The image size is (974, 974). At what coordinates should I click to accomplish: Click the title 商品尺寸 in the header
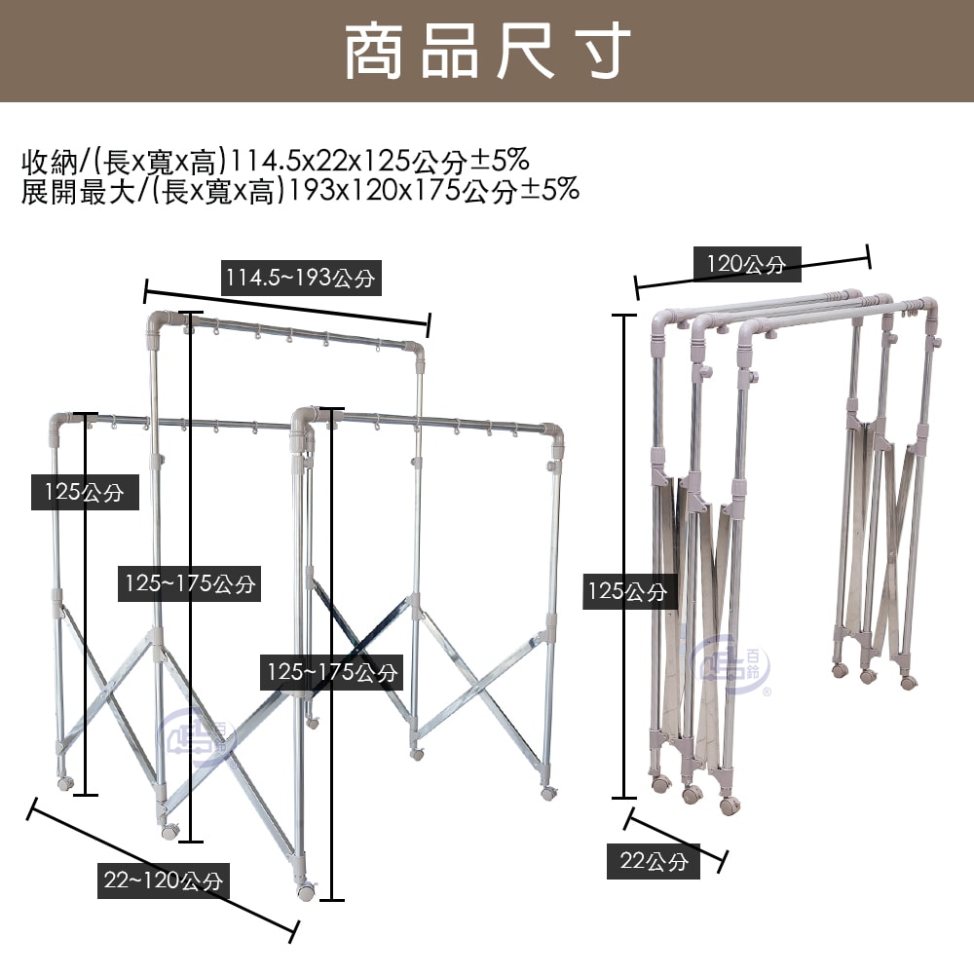(x=487, y=51)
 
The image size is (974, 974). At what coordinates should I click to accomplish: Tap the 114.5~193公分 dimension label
(x=299, y=279)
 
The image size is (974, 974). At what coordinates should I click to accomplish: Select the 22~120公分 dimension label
(x=164, y=881)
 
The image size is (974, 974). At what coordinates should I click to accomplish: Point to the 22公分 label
(x=654, y=861)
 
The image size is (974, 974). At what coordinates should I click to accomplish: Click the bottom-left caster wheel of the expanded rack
(x=65, y=783)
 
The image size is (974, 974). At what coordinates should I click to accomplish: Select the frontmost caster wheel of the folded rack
(x=728, y=805)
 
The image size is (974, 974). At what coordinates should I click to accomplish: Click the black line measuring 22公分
(x=677, y=836)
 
